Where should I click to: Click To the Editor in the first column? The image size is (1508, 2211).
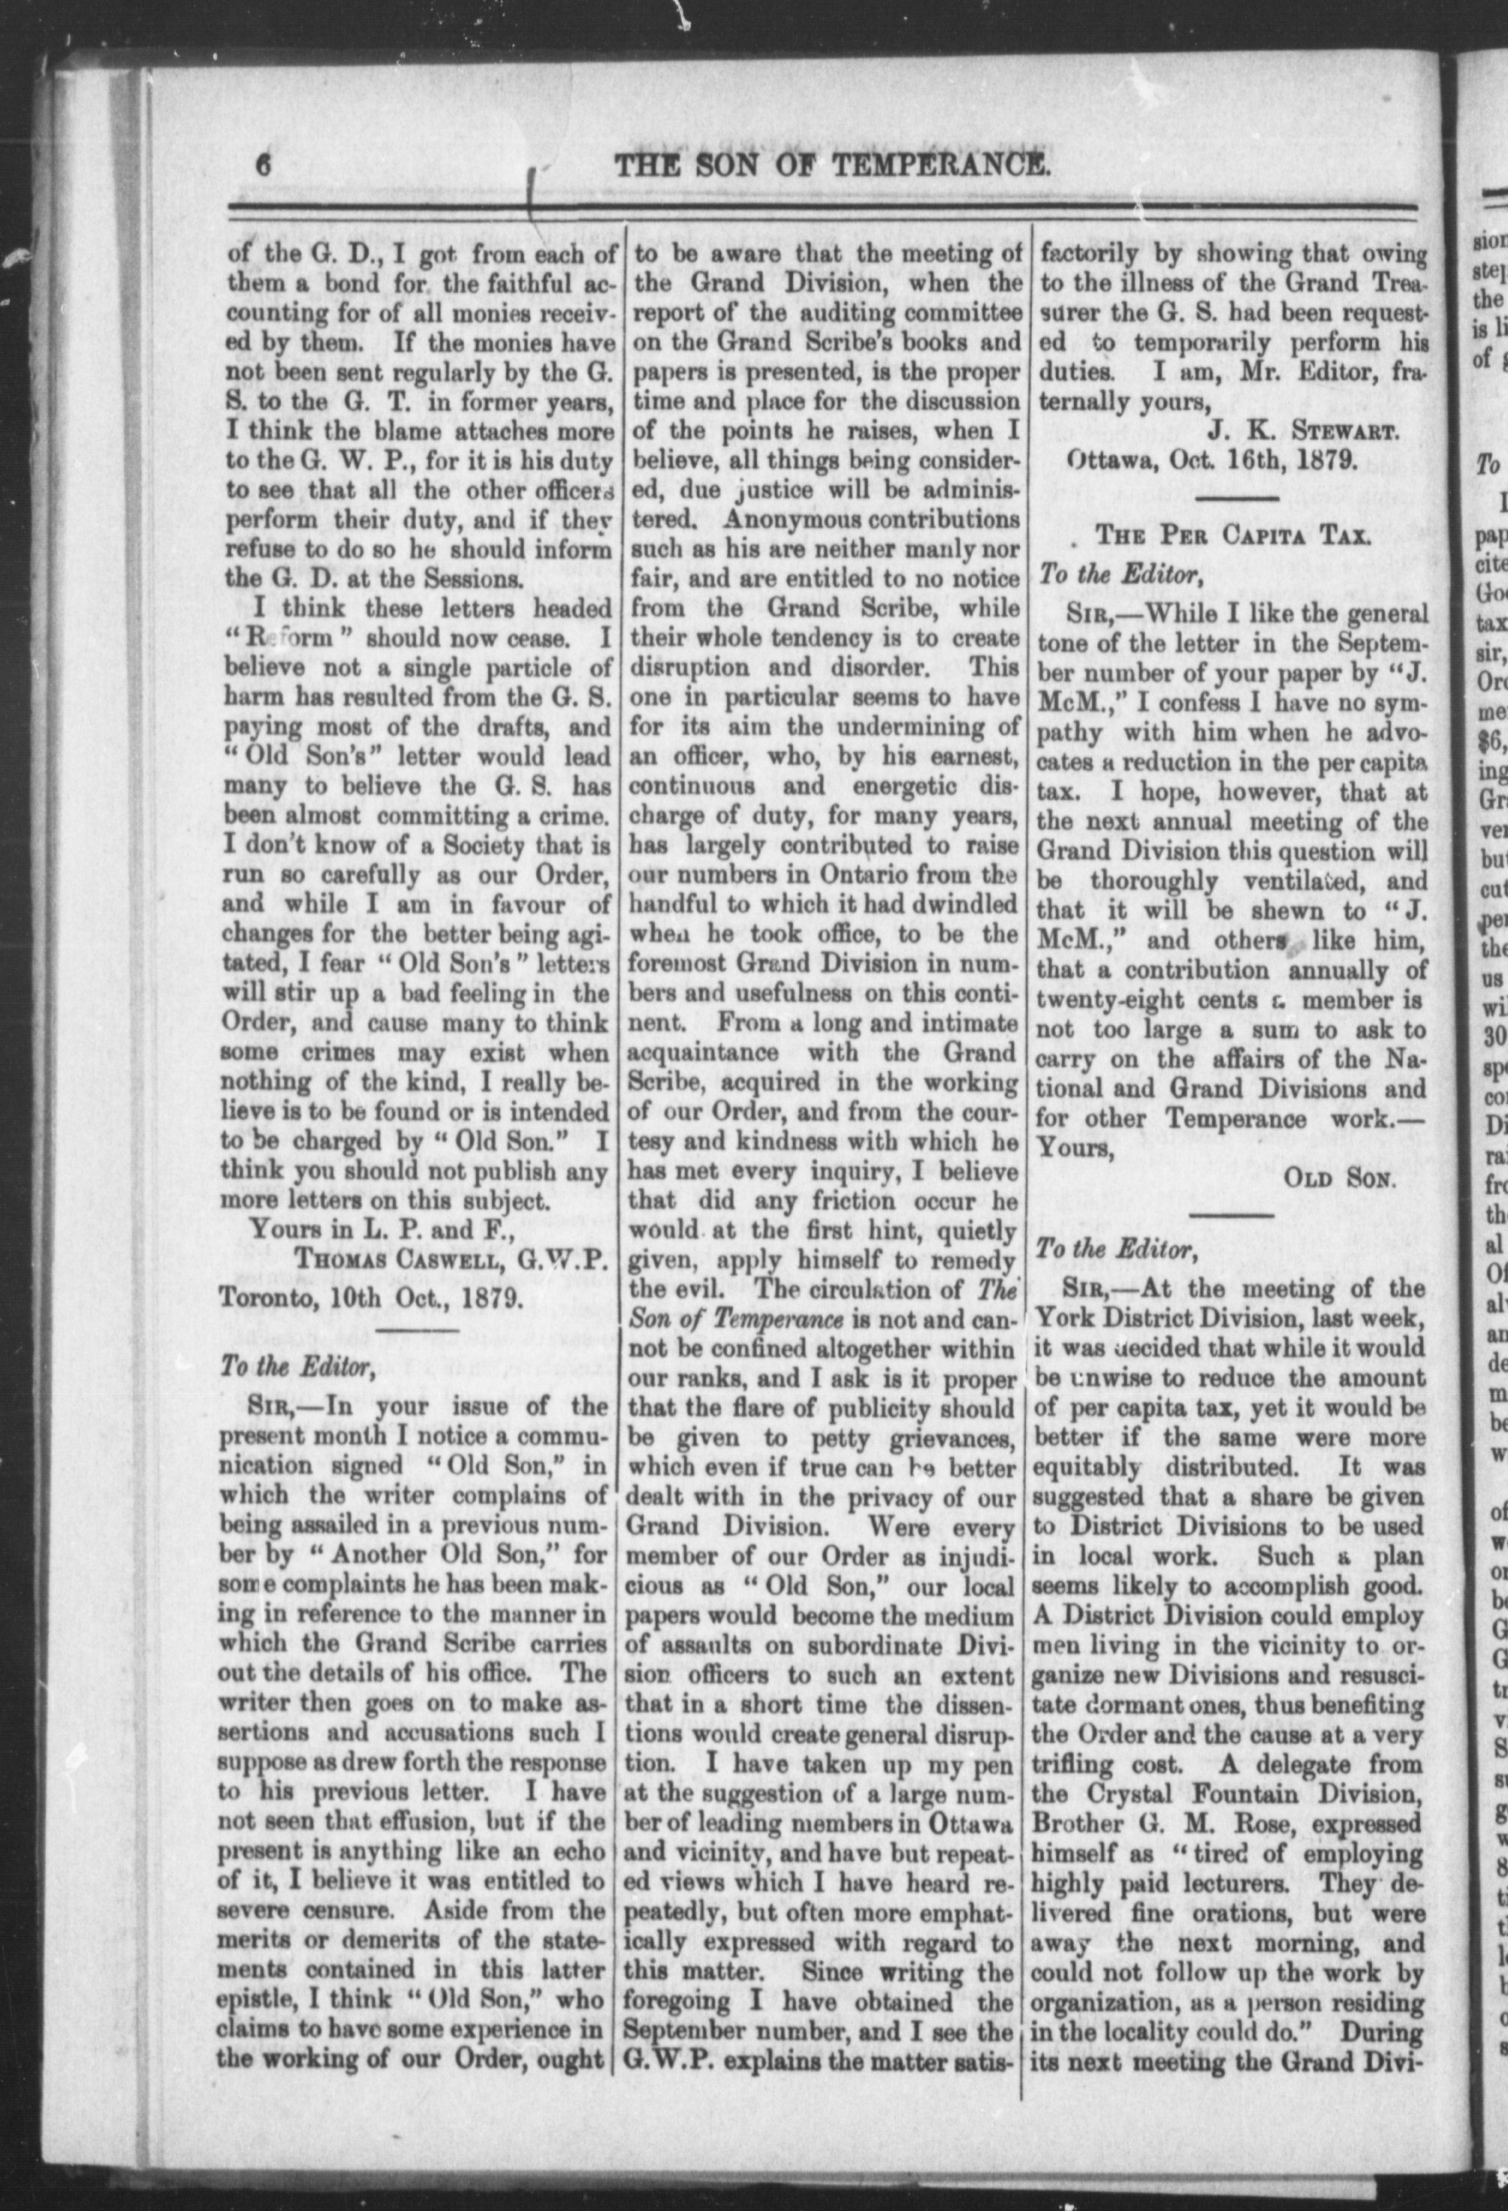pos(279,1367)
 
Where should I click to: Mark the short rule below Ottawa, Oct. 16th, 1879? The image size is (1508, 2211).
pos(1234,498)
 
